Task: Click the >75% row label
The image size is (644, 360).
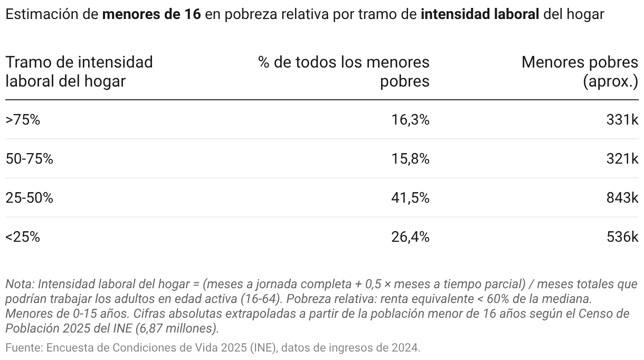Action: point(23,120)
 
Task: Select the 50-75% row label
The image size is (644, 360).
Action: point(29,159)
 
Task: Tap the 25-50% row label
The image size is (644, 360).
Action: point(29,198)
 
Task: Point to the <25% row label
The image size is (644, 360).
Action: point(23,237)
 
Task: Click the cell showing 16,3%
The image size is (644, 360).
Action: point(410,120)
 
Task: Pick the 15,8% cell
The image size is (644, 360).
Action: point(410,159)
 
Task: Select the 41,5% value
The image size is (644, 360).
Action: point(410,198)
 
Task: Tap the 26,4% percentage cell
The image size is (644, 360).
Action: point(410,237)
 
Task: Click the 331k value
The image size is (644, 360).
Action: point(622,120)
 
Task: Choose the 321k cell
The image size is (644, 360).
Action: point(622,159)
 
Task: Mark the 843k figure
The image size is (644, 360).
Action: point(622,198)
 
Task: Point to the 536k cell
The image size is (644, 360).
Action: point(622,237)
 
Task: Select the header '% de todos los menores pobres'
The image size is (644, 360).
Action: point(344,72)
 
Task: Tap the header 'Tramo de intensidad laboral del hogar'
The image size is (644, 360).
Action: point(79,72)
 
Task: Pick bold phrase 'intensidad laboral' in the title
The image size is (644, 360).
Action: point(480,14)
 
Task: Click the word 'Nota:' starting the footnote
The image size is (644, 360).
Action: point(20,284)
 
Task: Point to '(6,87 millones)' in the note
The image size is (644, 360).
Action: point(179,328)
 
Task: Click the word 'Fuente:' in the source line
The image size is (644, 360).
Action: point(24,348)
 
